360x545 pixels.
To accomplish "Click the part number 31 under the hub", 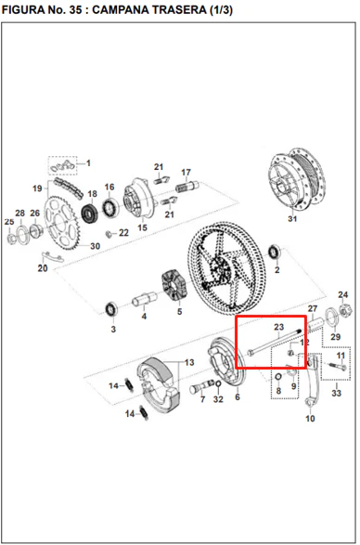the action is coord(292,218).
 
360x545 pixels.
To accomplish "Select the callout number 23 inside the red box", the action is coord(278,327).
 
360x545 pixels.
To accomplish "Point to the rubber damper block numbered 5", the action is coord(174,286).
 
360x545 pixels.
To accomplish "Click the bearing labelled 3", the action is coord(111,309).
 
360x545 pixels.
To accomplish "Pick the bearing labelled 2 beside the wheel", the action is coord(275,252).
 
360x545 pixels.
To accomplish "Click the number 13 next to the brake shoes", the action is coord(189,362).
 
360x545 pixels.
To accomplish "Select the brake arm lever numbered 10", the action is coord(313,380).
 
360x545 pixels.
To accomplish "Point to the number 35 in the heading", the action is coord(75,9).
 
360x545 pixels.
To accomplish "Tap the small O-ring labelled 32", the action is coord(218,383).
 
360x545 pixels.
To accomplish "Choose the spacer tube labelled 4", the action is coord(144,299).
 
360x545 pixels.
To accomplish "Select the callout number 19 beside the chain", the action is coord(37,188).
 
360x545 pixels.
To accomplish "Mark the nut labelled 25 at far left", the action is coord(11,239).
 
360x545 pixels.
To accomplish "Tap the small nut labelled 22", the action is coord(108,234).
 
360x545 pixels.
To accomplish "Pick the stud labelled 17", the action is coord(186,187).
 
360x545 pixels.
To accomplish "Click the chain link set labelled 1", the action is coord(62,166).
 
